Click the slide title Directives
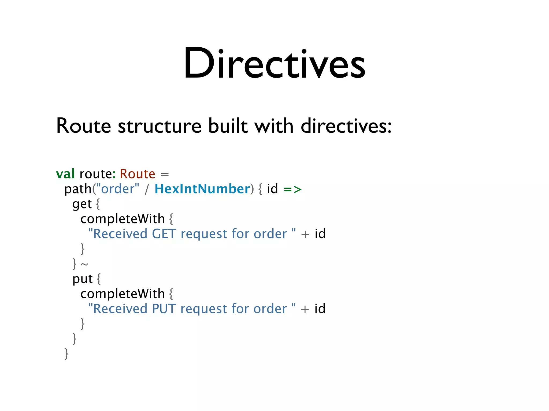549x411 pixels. coord(274,63)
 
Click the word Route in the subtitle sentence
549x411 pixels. coord(83,126)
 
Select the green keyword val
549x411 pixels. coord(65,174)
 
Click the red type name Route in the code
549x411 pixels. coord(137,174)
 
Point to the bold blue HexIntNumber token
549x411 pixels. coord(202,189)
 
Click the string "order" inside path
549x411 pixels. coord(118,189)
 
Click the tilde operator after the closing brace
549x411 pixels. coord(84,265)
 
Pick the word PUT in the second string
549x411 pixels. coord(164,309)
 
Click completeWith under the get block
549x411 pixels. coord(123,219)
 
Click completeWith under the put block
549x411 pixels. coord(123,294)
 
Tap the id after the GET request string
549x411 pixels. coord(320,234)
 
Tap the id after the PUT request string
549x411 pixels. coord(320,309)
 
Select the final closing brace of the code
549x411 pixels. coord(66,354)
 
